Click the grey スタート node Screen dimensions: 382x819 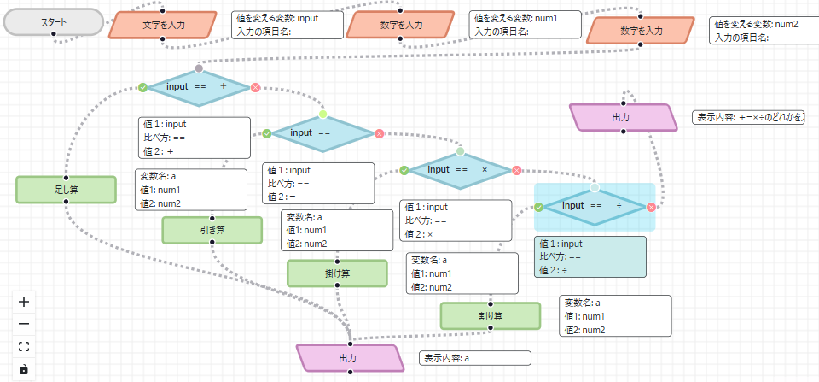(x=54, y=23)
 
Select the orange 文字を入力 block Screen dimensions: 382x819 (x=161, y=25)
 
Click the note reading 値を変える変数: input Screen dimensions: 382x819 (x=288, y=25)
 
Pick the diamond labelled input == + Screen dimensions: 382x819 (x=198, y=87)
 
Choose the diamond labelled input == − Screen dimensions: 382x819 (x=322, y=133)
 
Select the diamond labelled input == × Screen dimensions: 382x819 (x=460, y=170)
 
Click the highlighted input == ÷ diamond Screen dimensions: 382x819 (x=595, y=206)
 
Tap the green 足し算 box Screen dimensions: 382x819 (x=66, y=190)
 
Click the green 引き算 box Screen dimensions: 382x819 (x=212, y=230)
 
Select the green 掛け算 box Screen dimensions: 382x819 (x=337, y=273)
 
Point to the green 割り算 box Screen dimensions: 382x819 (x=491, y=316)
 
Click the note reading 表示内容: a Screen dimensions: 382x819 (x=474, y=358)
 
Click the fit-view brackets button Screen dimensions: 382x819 (x=24, y=346)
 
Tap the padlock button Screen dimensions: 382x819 (x=24, y=369)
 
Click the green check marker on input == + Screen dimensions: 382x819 (x=142, y=87)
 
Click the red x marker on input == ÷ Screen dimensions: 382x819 (x=651, y=207)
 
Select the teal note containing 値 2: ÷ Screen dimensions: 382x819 (x=590, y=257)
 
